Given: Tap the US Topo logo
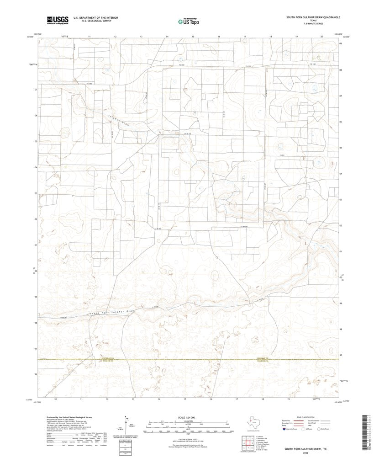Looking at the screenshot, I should (189, 21).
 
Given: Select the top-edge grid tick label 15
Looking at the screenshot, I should (193, 36).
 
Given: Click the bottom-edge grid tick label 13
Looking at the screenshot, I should (133, 399).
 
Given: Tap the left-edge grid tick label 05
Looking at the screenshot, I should (35, 141).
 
